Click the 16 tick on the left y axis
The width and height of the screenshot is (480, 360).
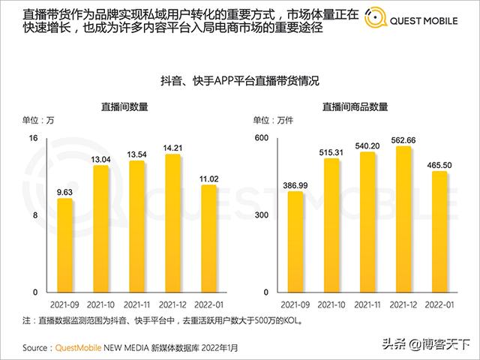pos(34,138)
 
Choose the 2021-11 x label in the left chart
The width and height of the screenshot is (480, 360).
pos(137,306)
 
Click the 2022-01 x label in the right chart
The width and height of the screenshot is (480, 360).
pos(440,306)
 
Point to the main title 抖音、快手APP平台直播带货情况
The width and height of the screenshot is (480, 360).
pos(240,81)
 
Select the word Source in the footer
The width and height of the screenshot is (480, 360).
pos(37,348)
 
